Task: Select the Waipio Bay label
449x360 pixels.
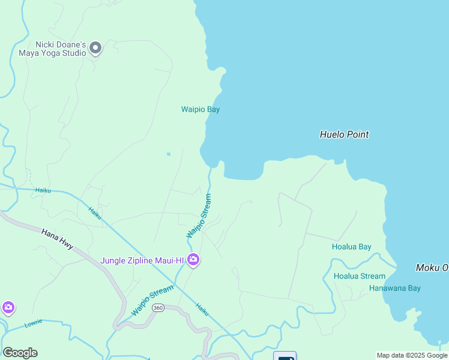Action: (x=200, y=109)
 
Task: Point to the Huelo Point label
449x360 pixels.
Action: (x=344, y=134)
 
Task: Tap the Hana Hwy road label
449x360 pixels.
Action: (x=57, y=238)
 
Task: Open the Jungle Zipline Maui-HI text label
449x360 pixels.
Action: (x=142, y=260)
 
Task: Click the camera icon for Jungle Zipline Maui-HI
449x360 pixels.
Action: (x=193, y=260)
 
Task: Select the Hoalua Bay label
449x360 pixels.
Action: (x=351, y=247)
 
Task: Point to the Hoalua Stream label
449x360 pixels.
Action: (x=359, y=276)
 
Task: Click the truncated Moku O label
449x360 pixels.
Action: (x=432, y=267)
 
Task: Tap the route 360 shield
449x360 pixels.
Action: (x=158, y=308)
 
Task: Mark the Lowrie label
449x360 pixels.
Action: (x=33, y=322)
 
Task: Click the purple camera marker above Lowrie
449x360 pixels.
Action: (x=8, y=308)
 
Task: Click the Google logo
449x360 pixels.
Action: (x=20, y=353)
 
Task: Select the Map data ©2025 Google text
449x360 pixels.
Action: (x=412, y=355)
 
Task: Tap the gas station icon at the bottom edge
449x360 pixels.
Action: (x=285, y=356)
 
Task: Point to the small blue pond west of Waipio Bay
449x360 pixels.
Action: (x=168, y=154)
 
